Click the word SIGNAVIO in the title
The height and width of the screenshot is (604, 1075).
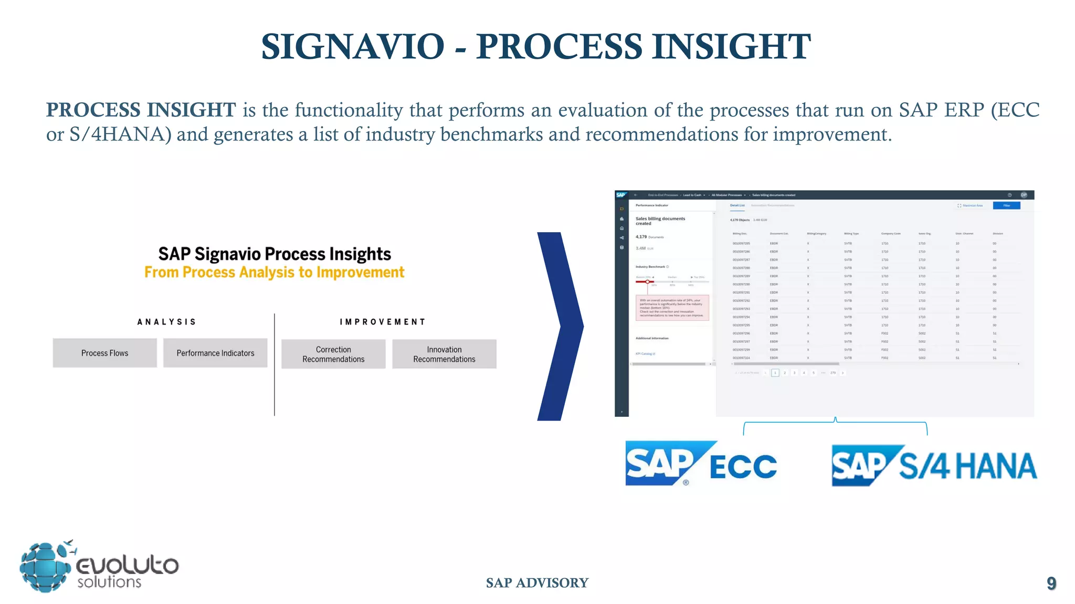click(x=353, y=47)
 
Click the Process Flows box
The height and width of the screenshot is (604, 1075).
click(x=104, y=353)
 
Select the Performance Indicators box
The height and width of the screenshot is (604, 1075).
click(x=215, y=353)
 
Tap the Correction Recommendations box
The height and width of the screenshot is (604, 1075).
click(x=333, y=354)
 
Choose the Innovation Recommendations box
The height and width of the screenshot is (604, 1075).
click(x=444, y=354)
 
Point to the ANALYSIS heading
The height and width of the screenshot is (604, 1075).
click(x=166, y=322)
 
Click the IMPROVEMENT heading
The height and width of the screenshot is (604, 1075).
click(x=382, y=322)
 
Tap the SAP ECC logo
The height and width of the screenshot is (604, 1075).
click(x=700, y=465)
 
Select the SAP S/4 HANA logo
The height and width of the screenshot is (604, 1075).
click(x=934, y=466)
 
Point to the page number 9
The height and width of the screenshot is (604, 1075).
click(x=1051, y=583)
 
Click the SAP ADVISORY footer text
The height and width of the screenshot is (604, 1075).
click(x=537, y=583)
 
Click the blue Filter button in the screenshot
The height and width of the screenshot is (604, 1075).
click(x=1006, y=206)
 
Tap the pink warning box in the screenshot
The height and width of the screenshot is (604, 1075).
click(x=672, y=308)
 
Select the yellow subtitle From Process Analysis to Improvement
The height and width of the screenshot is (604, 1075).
click(x=274, y=273)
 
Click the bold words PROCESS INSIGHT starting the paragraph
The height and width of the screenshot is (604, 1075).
click(x=141, y=110)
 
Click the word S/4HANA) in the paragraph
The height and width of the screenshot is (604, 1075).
click(x=120, y=135)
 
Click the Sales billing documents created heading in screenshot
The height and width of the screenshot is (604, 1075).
click(x=660, y=221)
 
